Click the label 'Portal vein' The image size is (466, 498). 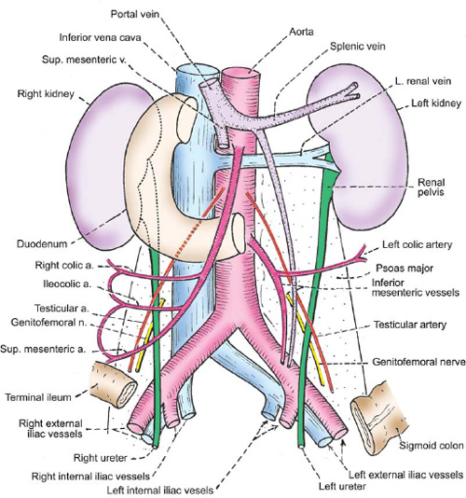point(135,14)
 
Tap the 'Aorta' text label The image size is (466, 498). point(301,32)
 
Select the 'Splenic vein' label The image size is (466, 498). point(358,47)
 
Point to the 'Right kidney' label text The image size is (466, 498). point(46,94)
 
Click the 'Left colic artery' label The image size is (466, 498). point(417,245)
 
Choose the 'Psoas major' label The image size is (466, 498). point(404,269)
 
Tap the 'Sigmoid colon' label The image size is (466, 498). point(431,446)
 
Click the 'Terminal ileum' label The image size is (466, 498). point(38,397)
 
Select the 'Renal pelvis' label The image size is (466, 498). point(431,187)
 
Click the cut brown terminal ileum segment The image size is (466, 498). point(113,385)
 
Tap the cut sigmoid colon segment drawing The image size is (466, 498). point(377,420)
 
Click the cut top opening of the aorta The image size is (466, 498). point(241,72)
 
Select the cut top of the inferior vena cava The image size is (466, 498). point(198,70)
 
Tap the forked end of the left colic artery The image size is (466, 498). point(363,253)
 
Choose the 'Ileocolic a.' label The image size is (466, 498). point(67,284)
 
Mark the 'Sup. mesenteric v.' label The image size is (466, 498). point(84,60)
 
